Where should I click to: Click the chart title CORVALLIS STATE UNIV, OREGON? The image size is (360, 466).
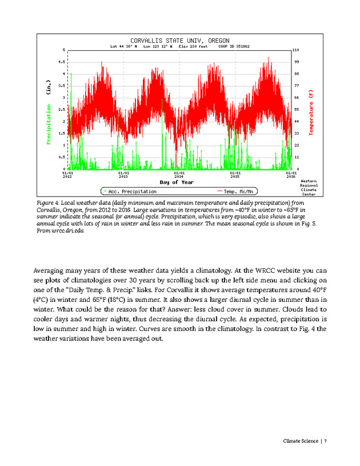[179, 41]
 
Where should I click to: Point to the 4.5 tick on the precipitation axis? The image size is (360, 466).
[61, 61]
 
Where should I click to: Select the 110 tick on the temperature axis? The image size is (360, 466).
[297, 50]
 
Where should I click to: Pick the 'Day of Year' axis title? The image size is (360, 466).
[176, 182]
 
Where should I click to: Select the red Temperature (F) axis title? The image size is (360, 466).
[311, 112]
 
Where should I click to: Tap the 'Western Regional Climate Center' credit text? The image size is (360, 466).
[309, 187]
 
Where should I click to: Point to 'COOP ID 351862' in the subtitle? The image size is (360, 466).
[235, 46]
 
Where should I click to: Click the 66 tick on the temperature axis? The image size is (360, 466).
[297, 98]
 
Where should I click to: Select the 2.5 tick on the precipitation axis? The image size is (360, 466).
[61, 109]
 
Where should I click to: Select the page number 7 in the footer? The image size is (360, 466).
[325, 440]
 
